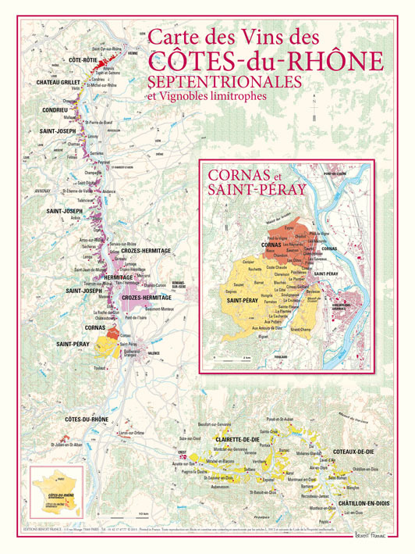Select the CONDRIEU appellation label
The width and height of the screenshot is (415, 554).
pos(52,110)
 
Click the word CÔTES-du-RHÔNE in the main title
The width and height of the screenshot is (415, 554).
pos(265,60)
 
